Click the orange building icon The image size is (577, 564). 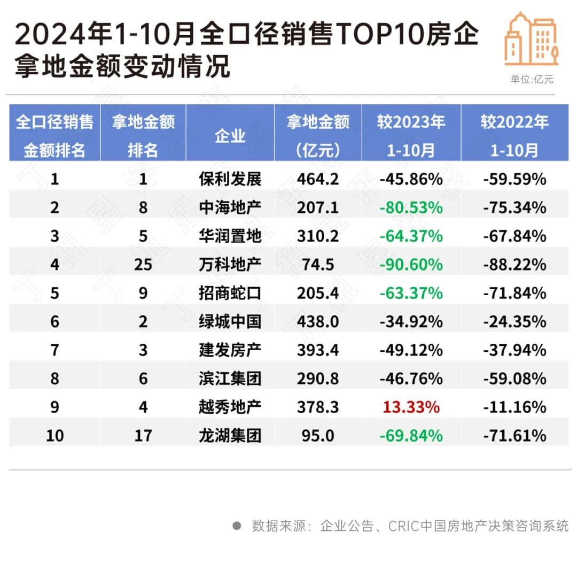[x=531, y=38]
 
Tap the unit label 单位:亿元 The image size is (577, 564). [x=532, y=80]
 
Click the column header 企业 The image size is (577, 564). [x=230, y=136]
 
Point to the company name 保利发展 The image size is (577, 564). [x=230, y=179]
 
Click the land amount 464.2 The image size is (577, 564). [x=318, y=179]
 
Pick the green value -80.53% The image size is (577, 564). [x=411, y=207]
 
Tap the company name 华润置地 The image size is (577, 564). [x=230, y=236]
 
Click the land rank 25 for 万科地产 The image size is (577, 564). [x=143, y=264]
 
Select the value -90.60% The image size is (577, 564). [x=411, y=264]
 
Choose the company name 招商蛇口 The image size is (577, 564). [x=230, y=293]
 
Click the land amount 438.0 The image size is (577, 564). [x=318, y=321]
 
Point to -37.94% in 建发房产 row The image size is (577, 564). [x=514, y=350]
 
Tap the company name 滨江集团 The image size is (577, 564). [x=230, y=378]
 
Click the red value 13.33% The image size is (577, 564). [x=411, y=407]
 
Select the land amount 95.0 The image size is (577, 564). [x=318, y=436]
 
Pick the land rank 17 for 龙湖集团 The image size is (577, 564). [x=143, y=436]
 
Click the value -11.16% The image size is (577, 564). [x=514, y=407]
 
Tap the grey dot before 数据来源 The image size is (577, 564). [x=237, y=526]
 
